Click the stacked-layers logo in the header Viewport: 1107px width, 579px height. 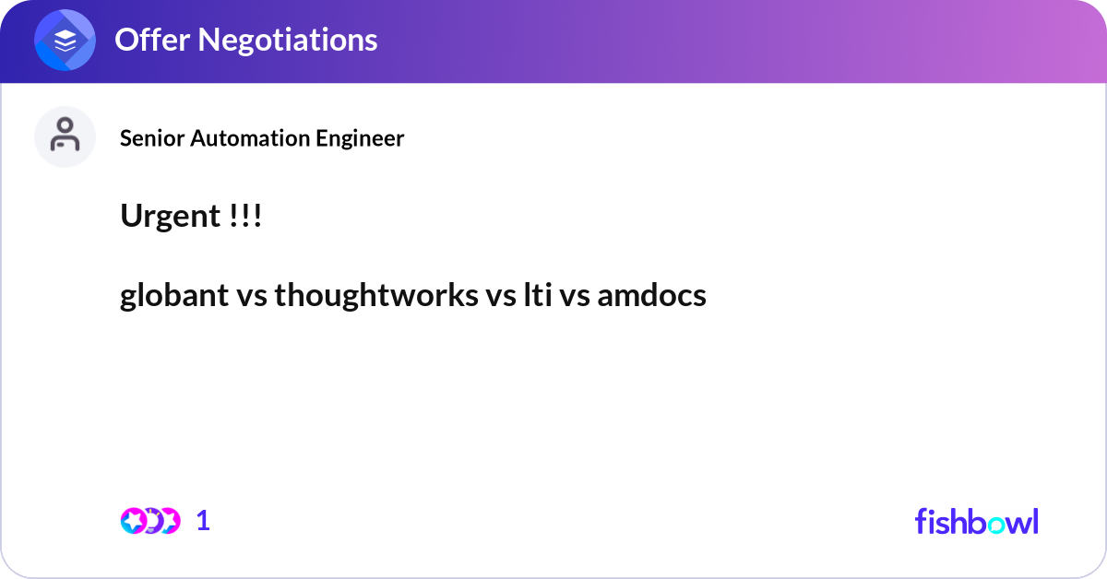65,41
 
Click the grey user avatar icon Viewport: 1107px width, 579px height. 65,136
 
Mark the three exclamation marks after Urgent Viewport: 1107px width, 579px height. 244,217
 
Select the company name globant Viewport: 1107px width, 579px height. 173,296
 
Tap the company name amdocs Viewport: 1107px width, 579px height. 651,296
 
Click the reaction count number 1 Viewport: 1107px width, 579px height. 203,521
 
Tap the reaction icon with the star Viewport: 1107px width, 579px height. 133,521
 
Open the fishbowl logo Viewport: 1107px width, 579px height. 976,521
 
